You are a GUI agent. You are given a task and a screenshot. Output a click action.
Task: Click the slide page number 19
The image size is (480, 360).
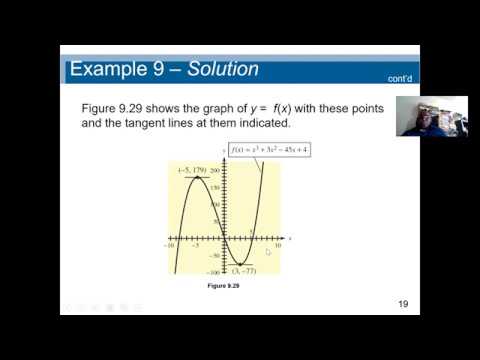404,303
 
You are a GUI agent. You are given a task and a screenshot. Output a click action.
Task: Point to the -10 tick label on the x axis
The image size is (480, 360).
170,245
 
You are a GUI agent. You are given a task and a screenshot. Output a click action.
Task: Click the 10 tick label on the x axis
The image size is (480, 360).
277,245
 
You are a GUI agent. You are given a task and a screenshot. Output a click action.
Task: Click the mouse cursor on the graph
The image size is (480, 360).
268,252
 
